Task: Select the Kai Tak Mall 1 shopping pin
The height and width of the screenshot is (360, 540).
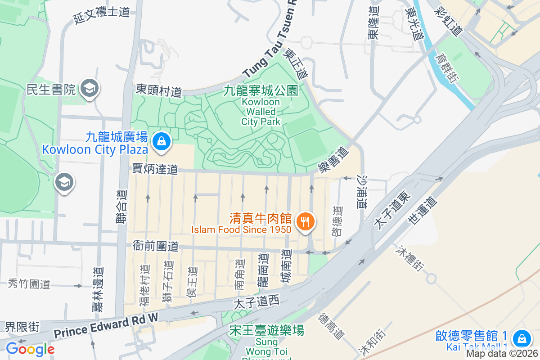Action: pos(522,337)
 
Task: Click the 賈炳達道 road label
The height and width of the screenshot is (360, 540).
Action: pos(155,169)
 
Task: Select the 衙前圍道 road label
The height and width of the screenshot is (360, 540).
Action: pos(156,246)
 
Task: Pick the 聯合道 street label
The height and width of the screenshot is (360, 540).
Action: pos(121,210)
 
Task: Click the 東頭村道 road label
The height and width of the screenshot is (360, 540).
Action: pos(159,90)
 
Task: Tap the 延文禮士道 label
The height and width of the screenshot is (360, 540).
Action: pos(102,15)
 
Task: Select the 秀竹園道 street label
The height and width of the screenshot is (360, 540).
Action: pos(29,284)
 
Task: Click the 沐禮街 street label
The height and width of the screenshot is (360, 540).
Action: pos(410,258)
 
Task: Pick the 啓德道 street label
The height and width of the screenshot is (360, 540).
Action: pos(337,221)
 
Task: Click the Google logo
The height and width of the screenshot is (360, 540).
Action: pos(30,349)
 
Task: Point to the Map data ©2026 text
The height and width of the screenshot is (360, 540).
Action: pos(502,354)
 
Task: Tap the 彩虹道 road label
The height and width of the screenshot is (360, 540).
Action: pos(449,22)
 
